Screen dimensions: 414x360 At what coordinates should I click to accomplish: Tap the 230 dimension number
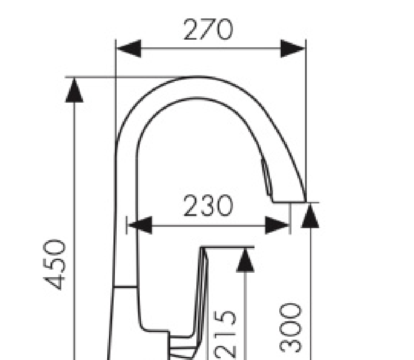pos(208,206)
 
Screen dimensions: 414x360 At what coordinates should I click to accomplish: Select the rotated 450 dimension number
pos(54,265)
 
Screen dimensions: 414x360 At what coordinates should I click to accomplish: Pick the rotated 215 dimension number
pos(225,335)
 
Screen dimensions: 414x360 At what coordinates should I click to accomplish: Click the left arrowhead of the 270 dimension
pos(128,49)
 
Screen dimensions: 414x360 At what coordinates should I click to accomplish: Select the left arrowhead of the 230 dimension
pos(140,225)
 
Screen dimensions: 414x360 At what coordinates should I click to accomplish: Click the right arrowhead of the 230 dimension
pos(277,225)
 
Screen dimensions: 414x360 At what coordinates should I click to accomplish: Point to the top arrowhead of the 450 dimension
pos(74,90)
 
